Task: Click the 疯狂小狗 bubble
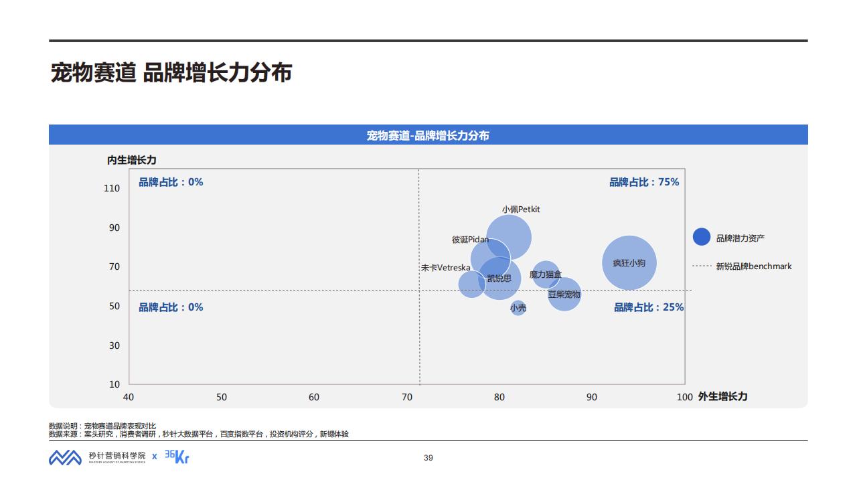coord(629,263)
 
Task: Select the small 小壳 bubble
coord(518,308)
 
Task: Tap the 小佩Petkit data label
coord(521,209)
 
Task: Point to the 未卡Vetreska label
coord(445,268)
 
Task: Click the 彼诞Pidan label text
coord(470,240)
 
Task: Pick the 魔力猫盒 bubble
coord(546,274)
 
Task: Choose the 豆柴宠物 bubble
coord(564,295)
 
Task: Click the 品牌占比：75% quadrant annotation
coord(643,182)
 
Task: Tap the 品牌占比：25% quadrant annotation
coord(649,307)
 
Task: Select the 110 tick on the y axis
coord(112,188)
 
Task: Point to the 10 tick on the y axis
coord(114,384)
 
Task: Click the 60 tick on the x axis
coord(314,397)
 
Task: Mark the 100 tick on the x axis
coord(684,397)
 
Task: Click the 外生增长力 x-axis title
coord(722,396)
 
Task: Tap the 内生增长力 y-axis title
coord(132,160)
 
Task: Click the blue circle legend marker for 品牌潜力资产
coord(701,237)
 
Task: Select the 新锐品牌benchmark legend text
coord(753,266)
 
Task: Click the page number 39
coord(428,458)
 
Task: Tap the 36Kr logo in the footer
coord(177,457)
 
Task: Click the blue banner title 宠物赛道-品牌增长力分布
coord(428,135)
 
